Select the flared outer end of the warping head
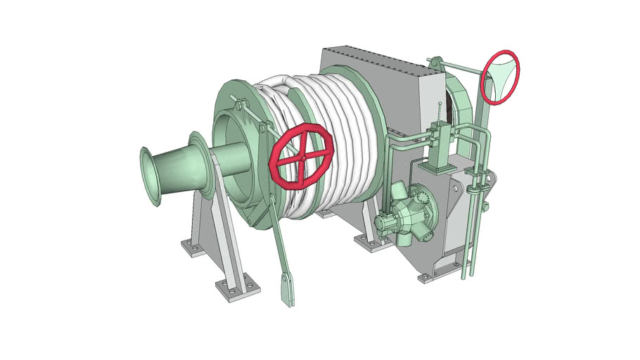tap(151, 176)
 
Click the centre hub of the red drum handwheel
tap(302, 157)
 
